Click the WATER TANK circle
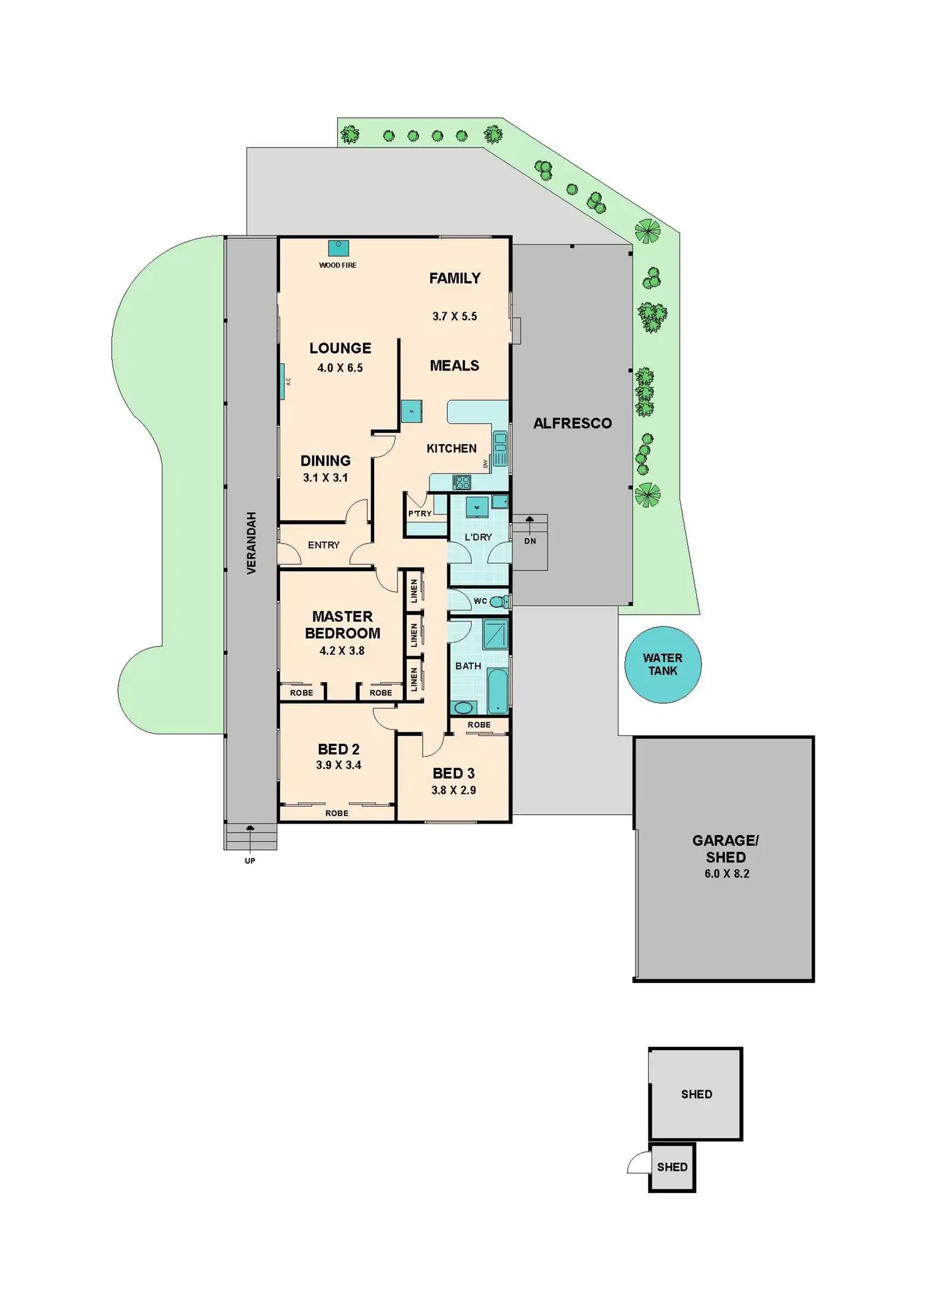(x=662, y=664)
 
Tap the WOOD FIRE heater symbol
(x=338, y=248)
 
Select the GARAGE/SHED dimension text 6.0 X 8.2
(x=727, y=873)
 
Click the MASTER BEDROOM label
(x=342, y=625)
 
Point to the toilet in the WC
(x=498, y=602)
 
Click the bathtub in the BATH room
(x=498, y=691)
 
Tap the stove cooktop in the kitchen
(x=462, y=483)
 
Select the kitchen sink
(x=500, y=448)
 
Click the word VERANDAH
(x=252, y=543)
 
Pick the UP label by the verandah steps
(x=250, y=861)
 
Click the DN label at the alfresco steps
(x=530, y=541)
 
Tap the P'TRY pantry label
(x=420, y=513)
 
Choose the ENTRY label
(x=323, y=545)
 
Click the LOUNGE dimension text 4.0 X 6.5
(x=340, y=368)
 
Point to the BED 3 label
(x=454, y=773)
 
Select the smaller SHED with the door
(x=672, y=1167)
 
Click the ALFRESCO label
(x=572, y=423)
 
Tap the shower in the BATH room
(x=495, y=634)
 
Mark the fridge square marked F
(x=411, y=411)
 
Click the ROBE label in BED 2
(x=337, y=813)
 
